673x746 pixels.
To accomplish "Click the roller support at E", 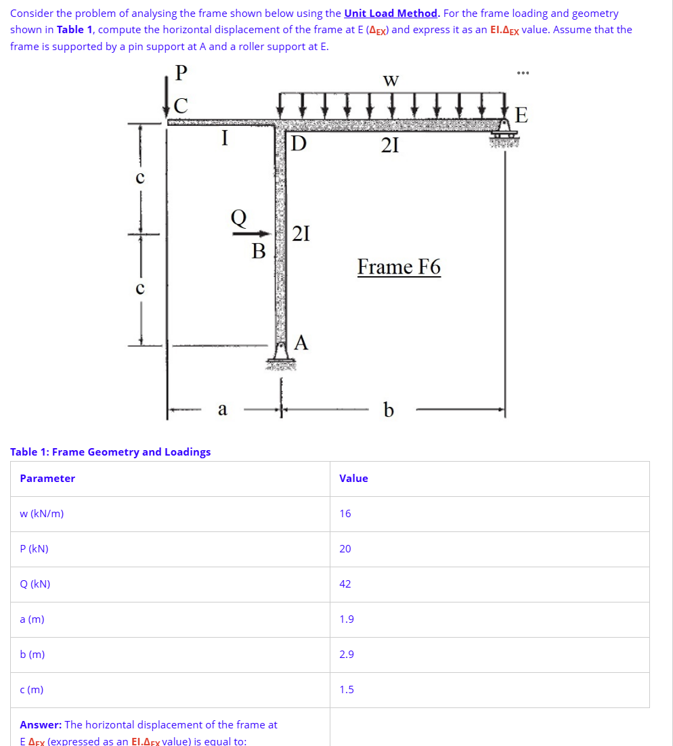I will point(505,131).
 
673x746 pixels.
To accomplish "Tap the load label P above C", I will point(180,72).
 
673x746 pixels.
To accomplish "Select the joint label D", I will point(298,144).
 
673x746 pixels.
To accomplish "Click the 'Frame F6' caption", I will point(399,267).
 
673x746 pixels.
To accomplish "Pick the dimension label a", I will point(222,409).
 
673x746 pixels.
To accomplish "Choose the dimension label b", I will point(388,410).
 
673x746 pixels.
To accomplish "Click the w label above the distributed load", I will point(391,81).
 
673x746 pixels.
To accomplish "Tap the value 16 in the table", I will point(345,514).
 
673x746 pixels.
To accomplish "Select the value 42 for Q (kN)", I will point(345,584).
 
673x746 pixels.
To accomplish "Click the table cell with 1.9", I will point(346,619).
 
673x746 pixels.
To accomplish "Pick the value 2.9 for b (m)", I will point(346,655).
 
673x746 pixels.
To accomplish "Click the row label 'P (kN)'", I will point(34,549).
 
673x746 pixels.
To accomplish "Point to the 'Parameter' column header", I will point(47,479).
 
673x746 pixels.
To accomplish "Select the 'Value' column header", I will point(353,479).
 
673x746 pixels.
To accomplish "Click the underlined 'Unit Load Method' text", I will point(391,14).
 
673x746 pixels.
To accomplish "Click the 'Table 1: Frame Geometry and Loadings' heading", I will point(110,452).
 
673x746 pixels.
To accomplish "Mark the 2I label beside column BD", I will point(301,234).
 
